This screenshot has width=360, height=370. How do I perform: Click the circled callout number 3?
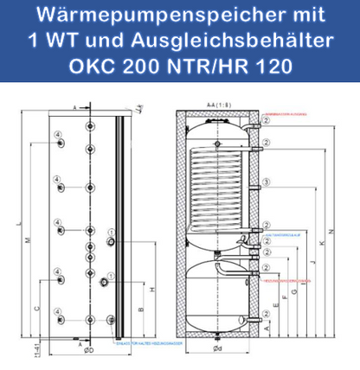pos(268,182)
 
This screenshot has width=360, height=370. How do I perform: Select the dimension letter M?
pos(33,240)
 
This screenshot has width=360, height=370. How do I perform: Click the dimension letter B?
pos(142,305)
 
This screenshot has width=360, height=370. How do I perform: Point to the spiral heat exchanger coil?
pos(218,182)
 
